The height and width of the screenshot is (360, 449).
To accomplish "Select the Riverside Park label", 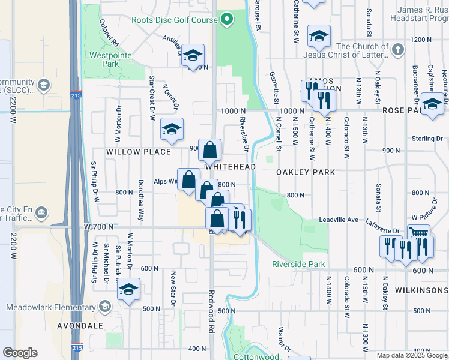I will (x=298, y=264).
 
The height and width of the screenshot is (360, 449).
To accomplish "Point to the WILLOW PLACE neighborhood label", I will (x=139, y=152).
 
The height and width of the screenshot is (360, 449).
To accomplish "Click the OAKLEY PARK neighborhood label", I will (x=305, y=172).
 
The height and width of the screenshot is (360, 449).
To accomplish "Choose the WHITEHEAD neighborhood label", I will (x=231, y=167).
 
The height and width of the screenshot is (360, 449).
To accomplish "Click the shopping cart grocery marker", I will (x=418, y=233).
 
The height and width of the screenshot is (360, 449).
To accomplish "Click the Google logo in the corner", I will (x=20, y=353).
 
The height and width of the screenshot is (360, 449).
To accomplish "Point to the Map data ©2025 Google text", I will (x=411, y=355).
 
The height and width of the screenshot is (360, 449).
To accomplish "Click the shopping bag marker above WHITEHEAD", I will (x=210, y=149).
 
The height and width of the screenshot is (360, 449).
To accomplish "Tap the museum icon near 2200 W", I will (x=41, y=212).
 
